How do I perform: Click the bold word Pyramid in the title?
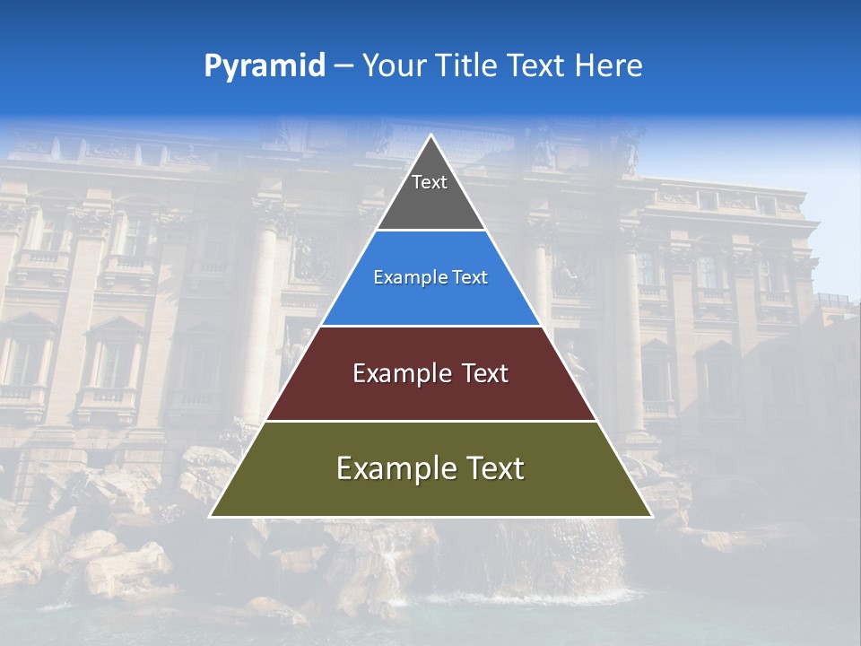coord(265,65)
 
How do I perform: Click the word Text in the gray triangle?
coord(430,182)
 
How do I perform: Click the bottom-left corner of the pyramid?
coord(212,516)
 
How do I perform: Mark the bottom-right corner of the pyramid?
coord(650,516)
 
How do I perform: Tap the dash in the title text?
coord(344,65)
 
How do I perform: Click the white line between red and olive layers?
coord(430,421)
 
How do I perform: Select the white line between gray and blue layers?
coord(430,231)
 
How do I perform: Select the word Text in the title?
coord(538,65)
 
